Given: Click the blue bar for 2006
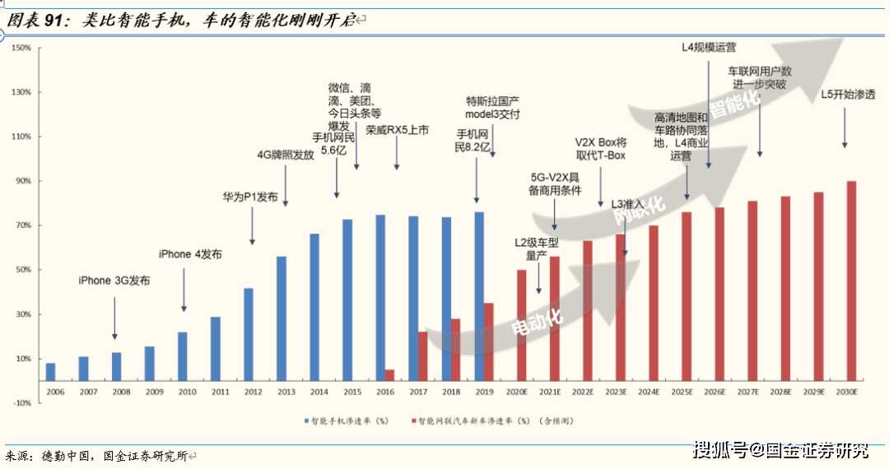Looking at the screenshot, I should coord(51,372).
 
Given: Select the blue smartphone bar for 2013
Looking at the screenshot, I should coord(282,318).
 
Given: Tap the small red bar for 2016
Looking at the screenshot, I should coord(390,375).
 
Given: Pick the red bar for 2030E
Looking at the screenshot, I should coord(851,281).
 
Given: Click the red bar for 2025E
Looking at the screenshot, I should coord(687,296).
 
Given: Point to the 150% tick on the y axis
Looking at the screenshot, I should coord(21,48).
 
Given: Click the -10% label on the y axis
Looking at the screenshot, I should coord(21,402).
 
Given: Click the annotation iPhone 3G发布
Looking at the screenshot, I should coord(114,281).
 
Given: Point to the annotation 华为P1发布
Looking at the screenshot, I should coord(250,197).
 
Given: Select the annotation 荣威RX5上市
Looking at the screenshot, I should coord(398,130).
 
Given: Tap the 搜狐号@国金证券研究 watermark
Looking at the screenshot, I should coord(780,450).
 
